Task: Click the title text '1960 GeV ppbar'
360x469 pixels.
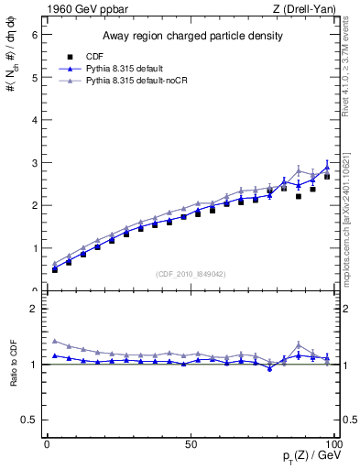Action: pyautogui.click(x=81, y=10)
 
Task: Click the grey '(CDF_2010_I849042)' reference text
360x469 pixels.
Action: pyautogui.click(x=191, y=275)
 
